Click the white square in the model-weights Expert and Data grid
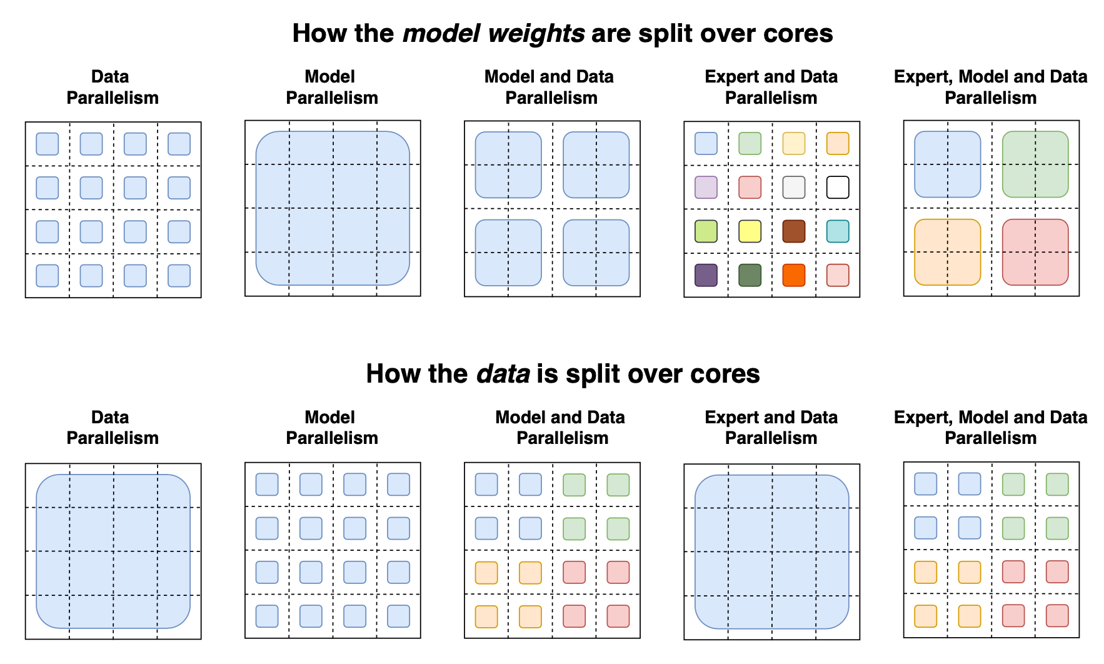click(x=838, y=188)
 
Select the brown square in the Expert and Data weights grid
click(x=794, y=231)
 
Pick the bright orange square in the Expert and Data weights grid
click(x=794, y=275)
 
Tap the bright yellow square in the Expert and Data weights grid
click(x=750, y=231)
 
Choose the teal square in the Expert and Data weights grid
click(x=838, y=231)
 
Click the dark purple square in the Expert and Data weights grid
click(x=706, y=275)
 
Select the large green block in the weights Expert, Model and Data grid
click(x=1035, y=164)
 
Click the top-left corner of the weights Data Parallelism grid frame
click(x=26, y=122)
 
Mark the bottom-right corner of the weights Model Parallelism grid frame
click(x=421, y=296)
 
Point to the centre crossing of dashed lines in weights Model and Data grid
click(x=553, y=209)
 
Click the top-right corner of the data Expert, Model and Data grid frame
click(x=1080, y=462)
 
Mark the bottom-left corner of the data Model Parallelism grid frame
click(x=245, y=638)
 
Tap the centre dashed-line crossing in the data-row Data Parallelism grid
click(x=113, y=551)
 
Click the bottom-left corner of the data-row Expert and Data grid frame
click(x=685, y=640)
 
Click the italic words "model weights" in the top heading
click(x=494, y=34)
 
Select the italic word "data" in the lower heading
click(x=503, y=374)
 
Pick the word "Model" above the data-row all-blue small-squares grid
click(x=330, y=417)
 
